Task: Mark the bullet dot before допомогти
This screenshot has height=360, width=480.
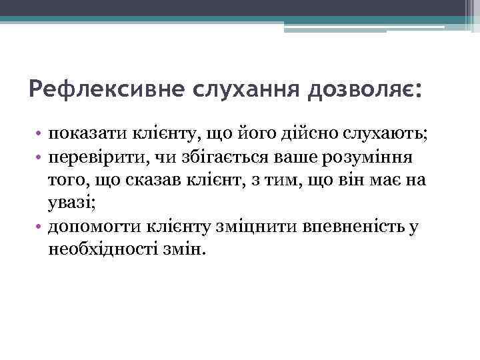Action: click(x=41, y=226)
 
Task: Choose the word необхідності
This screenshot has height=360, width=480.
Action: click(x=103, y=249)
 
